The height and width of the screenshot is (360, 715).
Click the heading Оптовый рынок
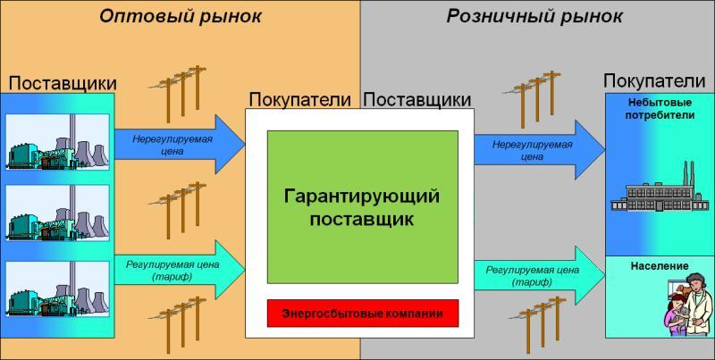(181, 16)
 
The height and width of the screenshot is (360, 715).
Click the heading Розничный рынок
(534, 16)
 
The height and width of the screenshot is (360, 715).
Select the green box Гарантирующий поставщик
(363, 207)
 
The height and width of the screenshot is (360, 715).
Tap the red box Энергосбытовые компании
(363, 313)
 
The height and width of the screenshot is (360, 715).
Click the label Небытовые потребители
(660, 108)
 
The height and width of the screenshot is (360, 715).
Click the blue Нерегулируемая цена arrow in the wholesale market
(180, 145)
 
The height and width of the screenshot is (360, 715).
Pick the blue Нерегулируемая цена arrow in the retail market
(540, 150)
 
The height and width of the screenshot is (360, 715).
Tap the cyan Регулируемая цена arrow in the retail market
(540, 276)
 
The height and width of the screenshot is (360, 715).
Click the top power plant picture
(57, 142)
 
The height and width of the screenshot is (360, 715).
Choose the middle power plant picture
(57, 213)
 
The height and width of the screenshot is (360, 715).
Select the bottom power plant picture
(57, 289)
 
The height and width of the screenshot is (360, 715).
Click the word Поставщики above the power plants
(63, 83)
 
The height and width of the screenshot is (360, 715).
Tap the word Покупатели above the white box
(300, 99)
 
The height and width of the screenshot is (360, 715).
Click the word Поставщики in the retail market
(416, 99)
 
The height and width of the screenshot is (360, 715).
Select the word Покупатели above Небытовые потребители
(655, 81)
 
